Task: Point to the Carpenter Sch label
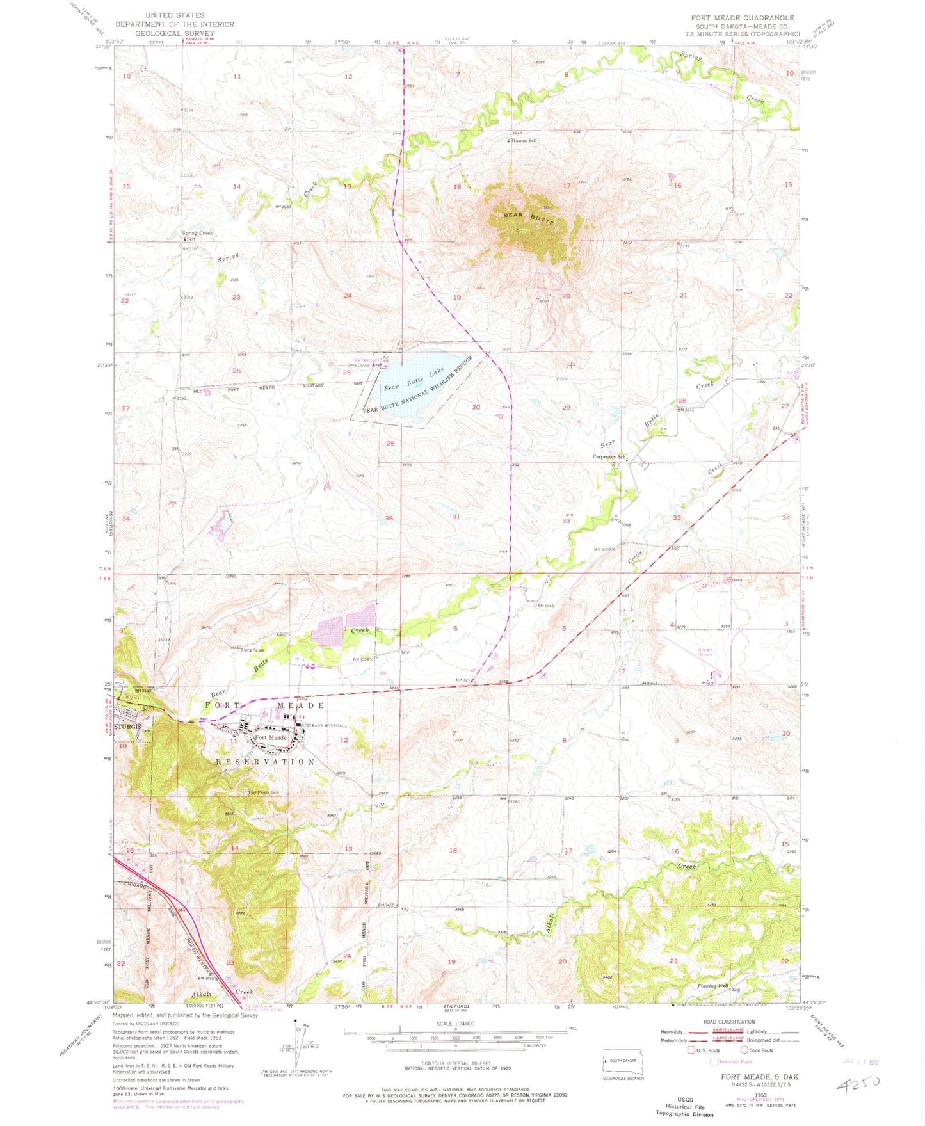(609, 457)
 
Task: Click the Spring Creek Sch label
(197, 236)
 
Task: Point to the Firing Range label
(253, 650)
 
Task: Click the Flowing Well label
(712, 986)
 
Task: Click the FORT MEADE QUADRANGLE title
(743, 18)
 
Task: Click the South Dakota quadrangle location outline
(623, 1061)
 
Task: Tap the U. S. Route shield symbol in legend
(691, 1050)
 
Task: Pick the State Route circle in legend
(744, 1050)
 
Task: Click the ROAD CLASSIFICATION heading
(729, 1022)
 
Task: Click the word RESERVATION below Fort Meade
(266, 762)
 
